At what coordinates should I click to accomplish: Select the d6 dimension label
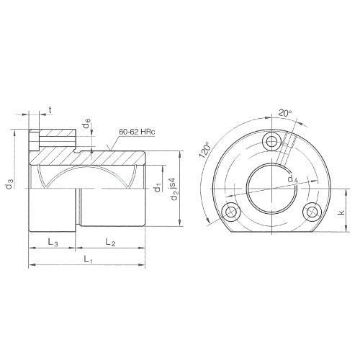[86, 127]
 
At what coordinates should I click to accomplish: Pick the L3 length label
[53, 242]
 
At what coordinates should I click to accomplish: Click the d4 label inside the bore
[291, 179]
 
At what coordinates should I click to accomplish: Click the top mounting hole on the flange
[271, 140]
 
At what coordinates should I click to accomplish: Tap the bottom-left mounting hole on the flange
[230, 211]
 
